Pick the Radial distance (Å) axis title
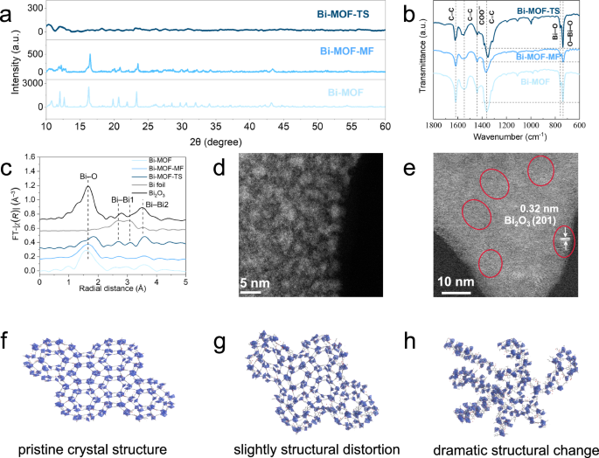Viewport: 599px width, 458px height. pos(113,293)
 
